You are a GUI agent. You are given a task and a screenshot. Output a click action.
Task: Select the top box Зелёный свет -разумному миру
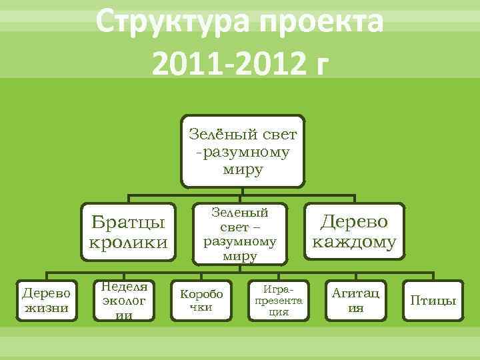coord(243,151)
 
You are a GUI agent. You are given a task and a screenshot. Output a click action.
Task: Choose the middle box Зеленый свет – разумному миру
coord(239,233)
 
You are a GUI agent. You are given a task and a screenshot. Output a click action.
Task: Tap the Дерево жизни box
coord(47,299)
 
